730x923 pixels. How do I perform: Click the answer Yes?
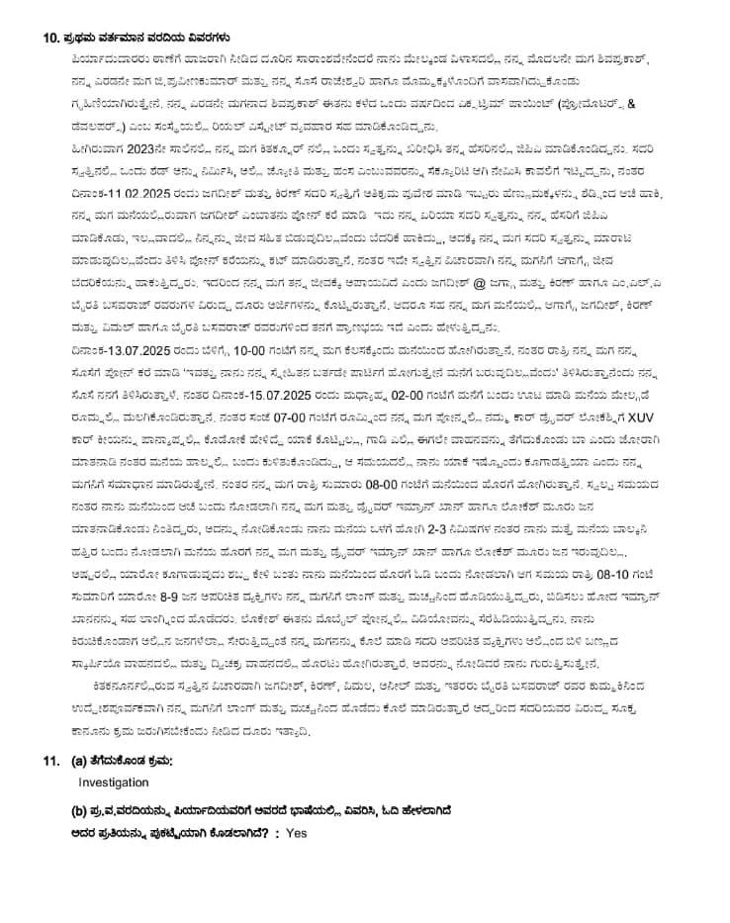click(x=296, y=833)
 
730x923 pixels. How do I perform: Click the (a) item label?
click(x=79, y=760)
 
